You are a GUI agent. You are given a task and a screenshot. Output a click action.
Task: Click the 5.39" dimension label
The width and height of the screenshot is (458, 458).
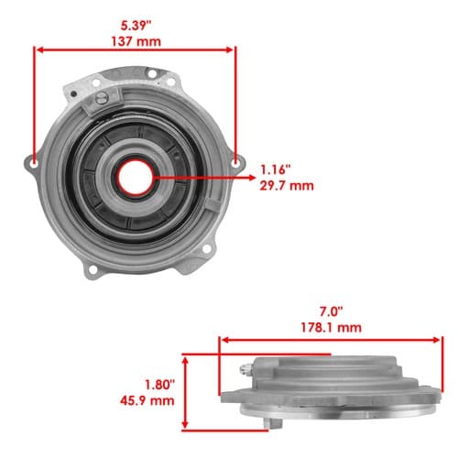136,26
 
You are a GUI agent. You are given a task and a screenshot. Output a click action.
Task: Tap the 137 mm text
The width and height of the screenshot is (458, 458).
136,41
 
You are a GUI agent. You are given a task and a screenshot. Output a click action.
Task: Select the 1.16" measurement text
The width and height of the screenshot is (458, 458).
275,169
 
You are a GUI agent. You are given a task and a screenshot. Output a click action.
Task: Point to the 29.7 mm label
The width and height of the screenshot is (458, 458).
287,186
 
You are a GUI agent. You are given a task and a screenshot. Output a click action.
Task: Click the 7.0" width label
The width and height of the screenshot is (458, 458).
332,311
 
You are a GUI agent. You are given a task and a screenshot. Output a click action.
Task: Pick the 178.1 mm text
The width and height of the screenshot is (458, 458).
332,328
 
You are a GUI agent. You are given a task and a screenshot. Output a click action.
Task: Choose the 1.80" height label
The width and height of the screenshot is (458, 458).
159,385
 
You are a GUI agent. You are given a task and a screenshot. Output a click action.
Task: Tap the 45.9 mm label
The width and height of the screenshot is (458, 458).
147,400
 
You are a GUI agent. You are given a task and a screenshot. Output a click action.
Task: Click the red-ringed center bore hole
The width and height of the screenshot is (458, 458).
136,178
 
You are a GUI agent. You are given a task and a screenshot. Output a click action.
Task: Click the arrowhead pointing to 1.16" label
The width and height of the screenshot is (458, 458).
252,178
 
